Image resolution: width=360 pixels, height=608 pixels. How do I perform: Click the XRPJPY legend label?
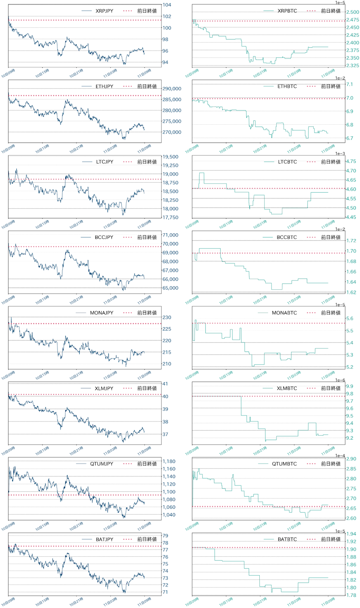[x=104, y=11]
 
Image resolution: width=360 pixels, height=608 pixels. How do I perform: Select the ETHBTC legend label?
[x=287, y=87]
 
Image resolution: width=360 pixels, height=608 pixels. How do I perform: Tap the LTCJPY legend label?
[x=104, y=162]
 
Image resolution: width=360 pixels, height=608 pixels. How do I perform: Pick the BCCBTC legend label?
[x=287, y=237]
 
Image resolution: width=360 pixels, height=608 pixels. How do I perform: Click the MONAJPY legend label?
[x=101, y=313]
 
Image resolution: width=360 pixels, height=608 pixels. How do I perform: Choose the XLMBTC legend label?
[x=287, y=388]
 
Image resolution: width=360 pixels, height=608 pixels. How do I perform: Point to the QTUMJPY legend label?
[x=101, y=464]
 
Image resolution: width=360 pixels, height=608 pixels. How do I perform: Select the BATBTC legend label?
[x=287, y=539]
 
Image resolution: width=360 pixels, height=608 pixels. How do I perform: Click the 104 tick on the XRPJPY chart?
[x=167, y=5]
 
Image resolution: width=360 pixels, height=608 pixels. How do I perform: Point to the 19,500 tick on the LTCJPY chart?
[x=171, y=157]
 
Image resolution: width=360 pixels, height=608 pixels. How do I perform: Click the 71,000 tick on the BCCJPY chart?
[x=171, y=235]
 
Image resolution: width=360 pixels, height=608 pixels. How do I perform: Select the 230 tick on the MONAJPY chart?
[x=167, y=317]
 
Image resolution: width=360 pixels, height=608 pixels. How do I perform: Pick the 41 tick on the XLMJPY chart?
[x=165, y=384]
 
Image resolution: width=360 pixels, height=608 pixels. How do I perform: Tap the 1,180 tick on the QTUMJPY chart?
[x=169, y=461]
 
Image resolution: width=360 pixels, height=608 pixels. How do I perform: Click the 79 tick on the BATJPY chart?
[x=165, y=536]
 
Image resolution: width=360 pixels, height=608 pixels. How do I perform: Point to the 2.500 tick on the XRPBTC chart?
[x=352, y=12]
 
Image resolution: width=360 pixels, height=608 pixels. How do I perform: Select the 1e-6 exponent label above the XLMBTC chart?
[x=340, y=380]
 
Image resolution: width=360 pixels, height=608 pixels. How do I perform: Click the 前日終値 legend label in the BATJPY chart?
[x=147, y=539]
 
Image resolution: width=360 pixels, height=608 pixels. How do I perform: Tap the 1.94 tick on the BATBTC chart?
[x=351, y=534]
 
